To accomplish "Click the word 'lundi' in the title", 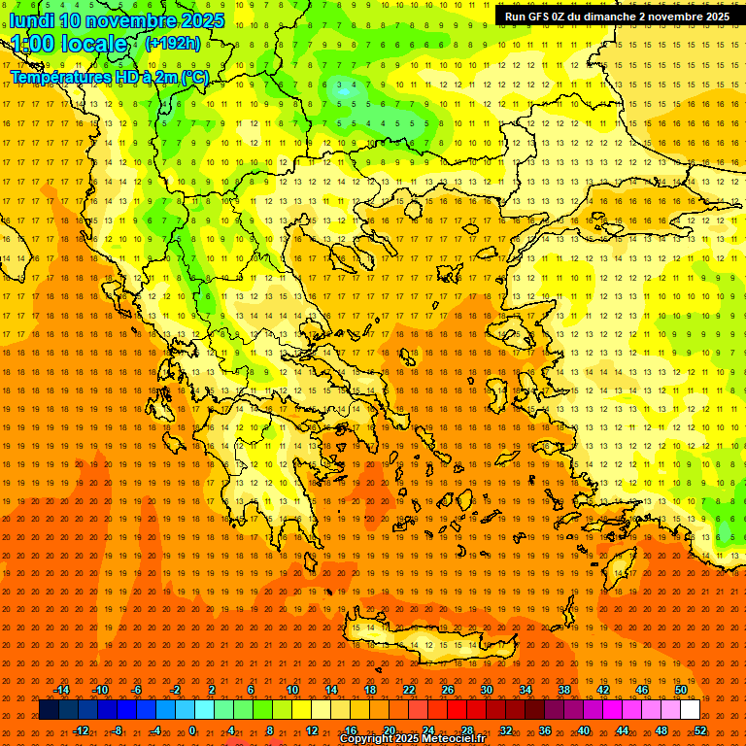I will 32,20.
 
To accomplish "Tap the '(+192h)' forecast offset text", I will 172,43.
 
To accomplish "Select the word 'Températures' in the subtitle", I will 56,77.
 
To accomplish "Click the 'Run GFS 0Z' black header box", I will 617,17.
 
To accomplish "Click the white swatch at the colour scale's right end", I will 690,710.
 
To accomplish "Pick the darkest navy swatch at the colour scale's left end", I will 49,710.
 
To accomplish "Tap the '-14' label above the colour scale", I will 61,690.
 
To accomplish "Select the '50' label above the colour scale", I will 681,690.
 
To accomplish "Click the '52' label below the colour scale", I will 700,730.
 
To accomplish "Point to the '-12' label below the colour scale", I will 81,730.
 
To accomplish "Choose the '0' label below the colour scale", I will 192,730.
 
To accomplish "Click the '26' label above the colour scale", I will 448,690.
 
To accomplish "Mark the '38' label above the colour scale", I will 564,690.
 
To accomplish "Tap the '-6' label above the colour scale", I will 137,690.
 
